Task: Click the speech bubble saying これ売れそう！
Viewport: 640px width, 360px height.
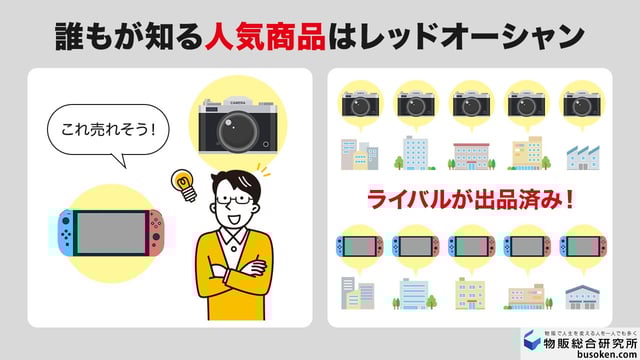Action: click(x=108, y=131)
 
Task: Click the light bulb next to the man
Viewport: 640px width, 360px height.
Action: click(x=183, y=183)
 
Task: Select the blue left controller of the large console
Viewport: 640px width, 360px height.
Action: click(x=65, y=232)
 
